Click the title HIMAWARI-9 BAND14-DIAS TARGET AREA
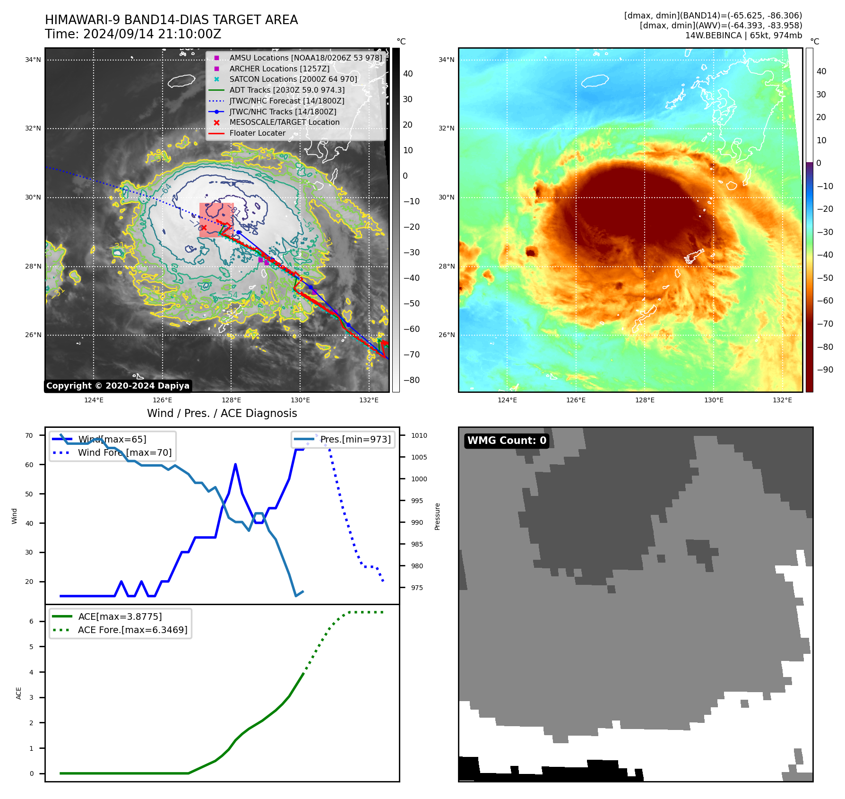[x=171, y=20]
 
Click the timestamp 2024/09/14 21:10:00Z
[x=152, y=34]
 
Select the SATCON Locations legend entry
[x=293, y=79]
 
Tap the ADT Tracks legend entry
[x=287, y=90]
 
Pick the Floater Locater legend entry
[x=257, y=133]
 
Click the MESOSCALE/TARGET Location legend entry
[x=284, y=122]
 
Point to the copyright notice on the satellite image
[x=118, y=386]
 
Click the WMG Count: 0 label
[x=507, y=441]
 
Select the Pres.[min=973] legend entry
[x=355, y=439]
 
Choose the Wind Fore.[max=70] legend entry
[x=125, y=452]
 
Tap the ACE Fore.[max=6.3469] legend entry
[x=132, y=630]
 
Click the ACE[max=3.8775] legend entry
[x=120, y=617]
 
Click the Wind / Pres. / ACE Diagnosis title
[x=222, y=413]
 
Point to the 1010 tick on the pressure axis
[x=419, y=435]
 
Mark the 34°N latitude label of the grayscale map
[x=33, y=60]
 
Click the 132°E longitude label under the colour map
[x=782, y=400]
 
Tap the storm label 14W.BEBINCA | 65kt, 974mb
[x=743, y=35]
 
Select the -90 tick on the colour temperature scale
[x=825, y=370]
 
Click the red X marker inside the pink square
[x=204, y=227]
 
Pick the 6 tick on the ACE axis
[x=32, y=621]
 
